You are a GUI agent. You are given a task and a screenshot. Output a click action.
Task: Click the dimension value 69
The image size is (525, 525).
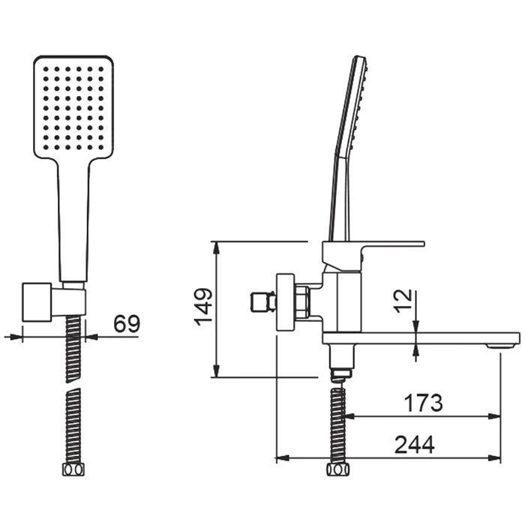127,323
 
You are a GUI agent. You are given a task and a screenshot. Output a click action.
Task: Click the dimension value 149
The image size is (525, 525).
203,307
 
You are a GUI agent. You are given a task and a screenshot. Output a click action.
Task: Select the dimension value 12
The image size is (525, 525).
403,301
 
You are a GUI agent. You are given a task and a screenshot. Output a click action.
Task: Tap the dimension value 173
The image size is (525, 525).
423,403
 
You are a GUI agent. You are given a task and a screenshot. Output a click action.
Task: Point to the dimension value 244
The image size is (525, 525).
415,444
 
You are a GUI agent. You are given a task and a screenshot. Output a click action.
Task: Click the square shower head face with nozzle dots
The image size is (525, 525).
73,106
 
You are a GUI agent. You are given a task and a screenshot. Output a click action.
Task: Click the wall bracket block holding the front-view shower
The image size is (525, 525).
37,302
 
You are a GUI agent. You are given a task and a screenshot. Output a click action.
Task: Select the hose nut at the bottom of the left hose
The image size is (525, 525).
73,469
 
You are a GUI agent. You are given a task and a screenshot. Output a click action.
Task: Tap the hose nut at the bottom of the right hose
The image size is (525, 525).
337,469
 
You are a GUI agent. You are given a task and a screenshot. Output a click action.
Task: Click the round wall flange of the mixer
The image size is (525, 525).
285,302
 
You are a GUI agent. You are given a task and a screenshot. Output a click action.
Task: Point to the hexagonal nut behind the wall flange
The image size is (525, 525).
302,302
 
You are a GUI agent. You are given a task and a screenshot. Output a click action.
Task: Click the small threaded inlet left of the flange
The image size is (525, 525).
263,302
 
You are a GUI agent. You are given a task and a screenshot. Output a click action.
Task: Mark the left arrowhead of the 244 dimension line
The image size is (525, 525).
282,458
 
